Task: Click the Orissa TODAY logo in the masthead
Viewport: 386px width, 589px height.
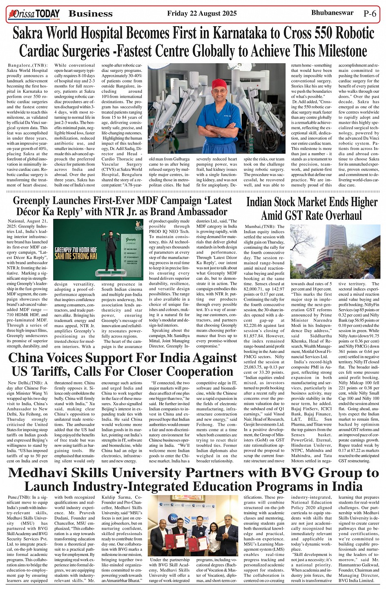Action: click(34, 13)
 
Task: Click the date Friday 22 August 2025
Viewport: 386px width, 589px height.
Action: click(202, 13)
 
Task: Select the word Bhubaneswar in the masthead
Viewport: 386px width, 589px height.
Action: click(332, 13)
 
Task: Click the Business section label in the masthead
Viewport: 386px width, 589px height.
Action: click(91, 13)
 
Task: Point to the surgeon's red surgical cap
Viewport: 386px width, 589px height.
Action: click(219, 83)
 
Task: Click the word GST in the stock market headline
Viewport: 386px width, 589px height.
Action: click(299, 215)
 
